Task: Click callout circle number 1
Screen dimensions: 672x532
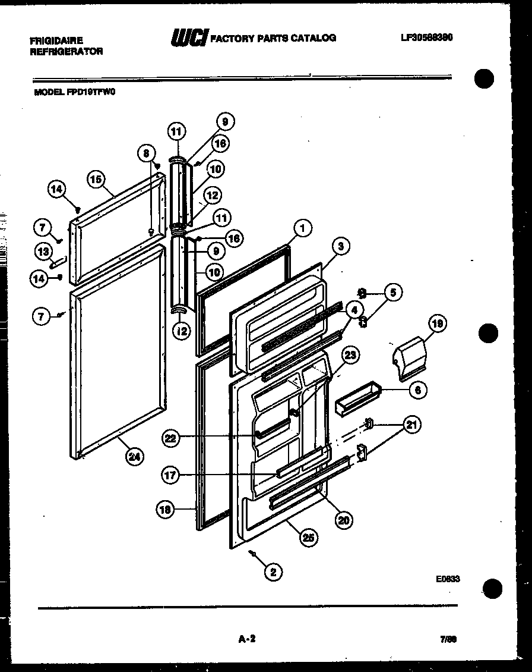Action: (x=302, y=227)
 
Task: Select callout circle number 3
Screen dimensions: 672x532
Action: (x=341, y=246)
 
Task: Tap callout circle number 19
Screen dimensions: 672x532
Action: (x=438, y=324)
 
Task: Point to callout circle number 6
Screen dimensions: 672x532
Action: (x=417, y=390)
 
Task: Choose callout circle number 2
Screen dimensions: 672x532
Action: (x=273, y=572)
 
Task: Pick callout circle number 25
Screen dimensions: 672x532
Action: (x=308, y=538)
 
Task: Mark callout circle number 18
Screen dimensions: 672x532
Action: (x=165, y=508)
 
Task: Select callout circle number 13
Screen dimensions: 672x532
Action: (x=43, y=252)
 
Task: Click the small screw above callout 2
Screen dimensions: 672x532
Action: (x=254, y=554)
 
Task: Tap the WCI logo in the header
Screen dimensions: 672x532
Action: (x=189, y=37)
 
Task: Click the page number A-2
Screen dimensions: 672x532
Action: (x=246, y=639)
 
